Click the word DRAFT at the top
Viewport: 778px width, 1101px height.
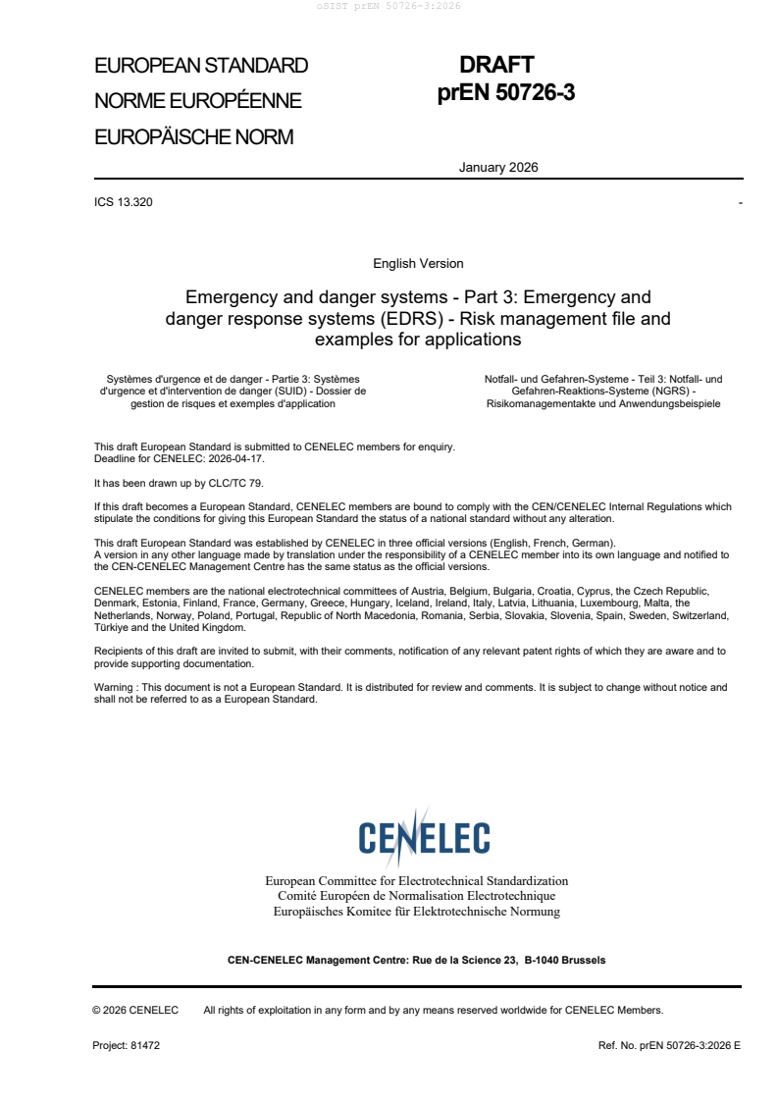click(x=496, y=66)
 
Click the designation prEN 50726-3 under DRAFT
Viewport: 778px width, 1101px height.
click(x=505, y=92)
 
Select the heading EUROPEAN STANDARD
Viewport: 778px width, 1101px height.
click(x=201, y=66)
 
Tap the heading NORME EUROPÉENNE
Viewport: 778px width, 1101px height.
click(x=197, y=101)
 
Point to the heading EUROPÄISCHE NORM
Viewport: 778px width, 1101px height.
click(x=193, y=137)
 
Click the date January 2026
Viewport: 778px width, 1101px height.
click(x=498, y=167)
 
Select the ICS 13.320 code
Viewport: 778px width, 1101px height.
click(x=123, y=202)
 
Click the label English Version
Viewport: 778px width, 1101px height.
click(x=418, y=263)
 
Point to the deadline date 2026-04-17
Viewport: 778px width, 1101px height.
click(x=235, y=458)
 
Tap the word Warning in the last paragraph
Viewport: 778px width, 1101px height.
click(x=115, y=688)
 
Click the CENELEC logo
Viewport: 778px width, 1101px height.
click(x=424, y=834)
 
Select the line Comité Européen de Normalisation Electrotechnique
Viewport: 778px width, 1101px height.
click(x=417, y=896)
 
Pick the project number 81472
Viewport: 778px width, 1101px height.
click(x=144, y=1046)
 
